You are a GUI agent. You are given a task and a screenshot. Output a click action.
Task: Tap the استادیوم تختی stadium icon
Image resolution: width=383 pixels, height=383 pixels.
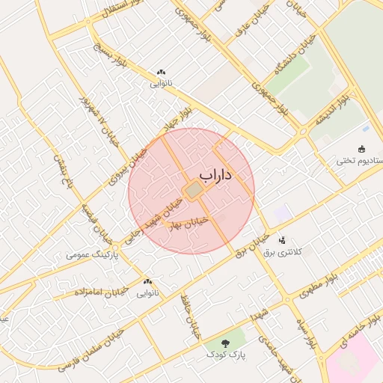[x=361, y=148]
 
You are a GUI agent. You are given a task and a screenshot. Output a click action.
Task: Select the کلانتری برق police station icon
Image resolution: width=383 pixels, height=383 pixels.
[x=282, y=240]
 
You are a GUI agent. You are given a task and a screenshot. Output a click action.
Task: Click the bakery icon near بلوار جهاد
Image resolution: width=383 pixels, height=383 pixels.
[x=161, y=72]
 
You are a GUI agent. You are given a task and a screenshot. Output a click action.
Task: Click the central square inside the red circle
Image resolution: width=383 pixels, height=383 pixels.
[x=193, y=191]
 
